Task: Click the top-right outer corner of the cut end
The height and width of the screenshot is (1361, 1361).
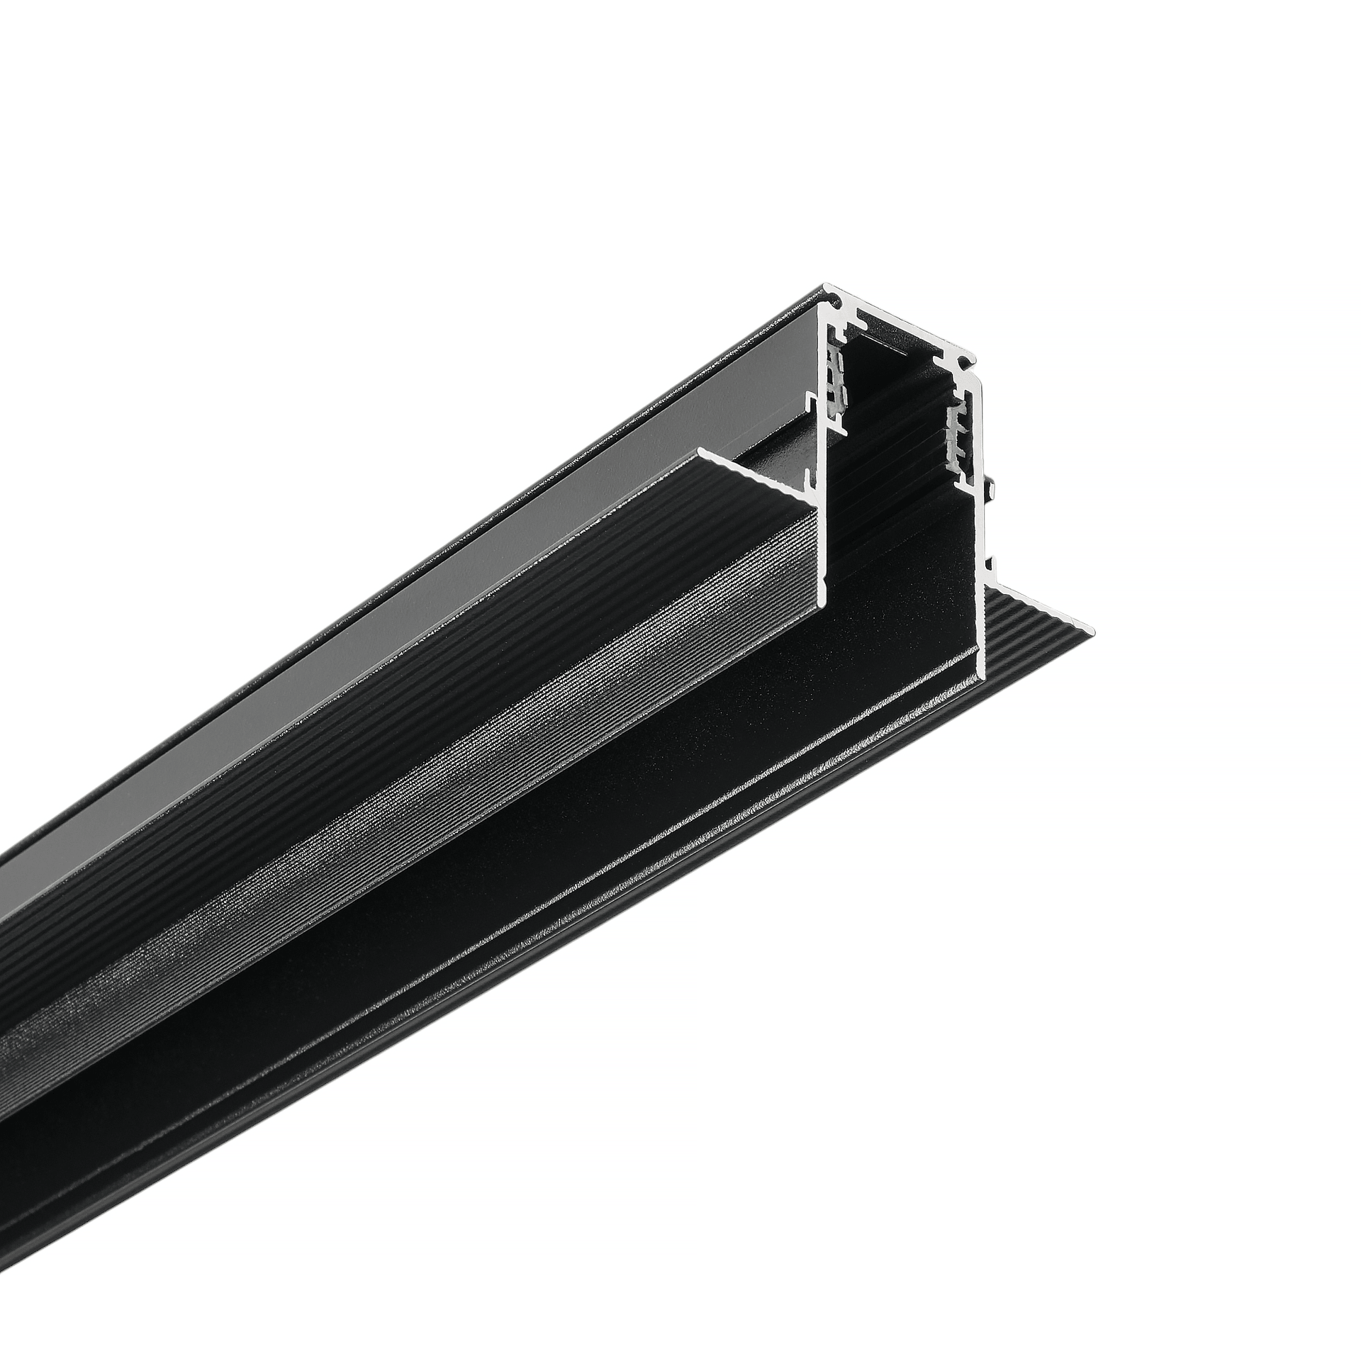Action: tap(975, 358)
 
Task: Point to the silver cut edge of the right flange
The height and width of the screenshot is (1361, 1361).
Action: tap(1035, 606)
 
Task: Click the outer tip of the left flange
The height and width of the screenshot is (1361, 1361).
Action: tap(700, 451)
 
